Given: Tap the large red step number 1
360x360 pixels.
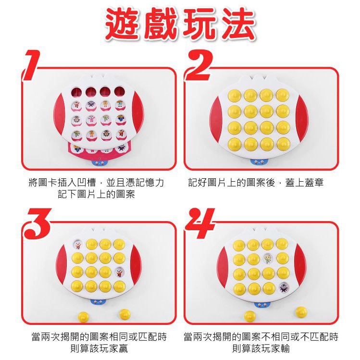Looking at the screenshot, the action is [31, 65].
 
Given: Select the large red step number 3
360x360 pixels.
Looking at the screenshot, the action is [38, 223].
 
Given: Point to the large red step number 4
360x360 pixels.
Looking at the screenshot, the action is [200, 223].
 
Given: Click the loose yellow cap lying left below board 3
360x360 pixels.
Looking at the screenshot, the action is [83, 317].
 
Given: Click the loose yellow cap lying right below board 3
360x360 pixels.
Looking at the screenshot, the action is [125, 314].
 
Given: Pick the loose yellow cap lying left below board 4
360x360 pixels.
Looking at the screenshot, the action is [250, 316].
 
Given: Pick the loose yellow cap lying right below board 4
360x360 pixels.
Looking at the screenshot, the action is [301, 312].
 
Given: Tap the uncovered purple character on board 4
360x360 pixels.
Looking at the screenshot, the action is [284, 288].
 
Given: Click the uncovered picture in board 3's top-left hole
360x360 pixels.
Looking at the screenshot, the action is [77, 244].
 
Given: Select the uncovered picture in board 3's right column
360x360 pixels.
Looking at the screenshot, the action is [119, 272].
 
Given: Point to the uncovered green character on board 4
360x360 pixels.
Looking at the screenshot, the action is [268, 259].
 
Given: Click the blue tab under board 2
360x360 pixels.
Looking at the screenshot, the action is [260, 162].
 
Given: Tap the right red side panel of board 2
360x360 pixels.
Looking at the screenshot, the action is [302, 119].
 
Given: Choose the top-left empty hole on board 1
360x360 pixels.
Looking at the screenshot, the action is [76, 92].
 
